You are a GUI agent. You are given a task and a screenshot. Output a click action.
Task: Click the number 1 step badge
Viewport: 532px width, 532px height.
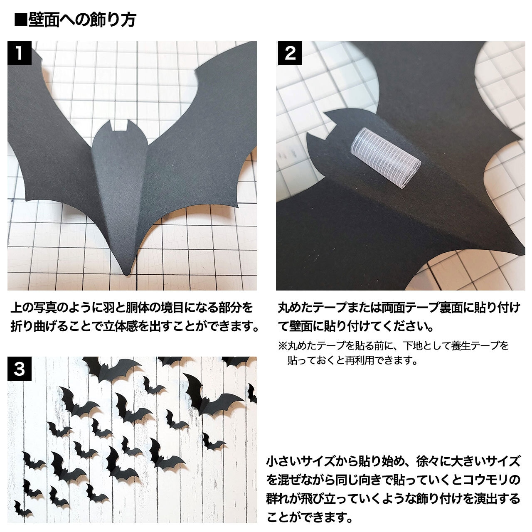(x=19, y=53)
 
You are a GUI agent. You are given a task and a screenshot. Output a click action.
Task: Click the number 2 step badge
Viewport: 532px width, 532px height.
(x=290, y=53)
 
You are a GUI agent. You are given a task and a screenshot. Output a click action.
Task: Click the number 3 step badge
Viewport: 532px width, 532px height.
(x=19, y=369)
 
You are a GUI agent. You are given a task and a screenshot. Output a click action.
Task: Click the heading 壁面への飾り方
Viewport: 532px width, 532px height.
(x=82, y=20)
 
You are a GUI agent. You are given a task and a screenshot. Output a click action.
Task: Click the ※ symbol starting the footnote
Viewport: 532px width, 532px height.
(x=282, y=345)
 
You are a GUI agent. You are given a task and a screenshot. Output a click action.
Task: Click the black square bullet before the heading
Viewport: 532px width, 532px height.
(x=20, y=20)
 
